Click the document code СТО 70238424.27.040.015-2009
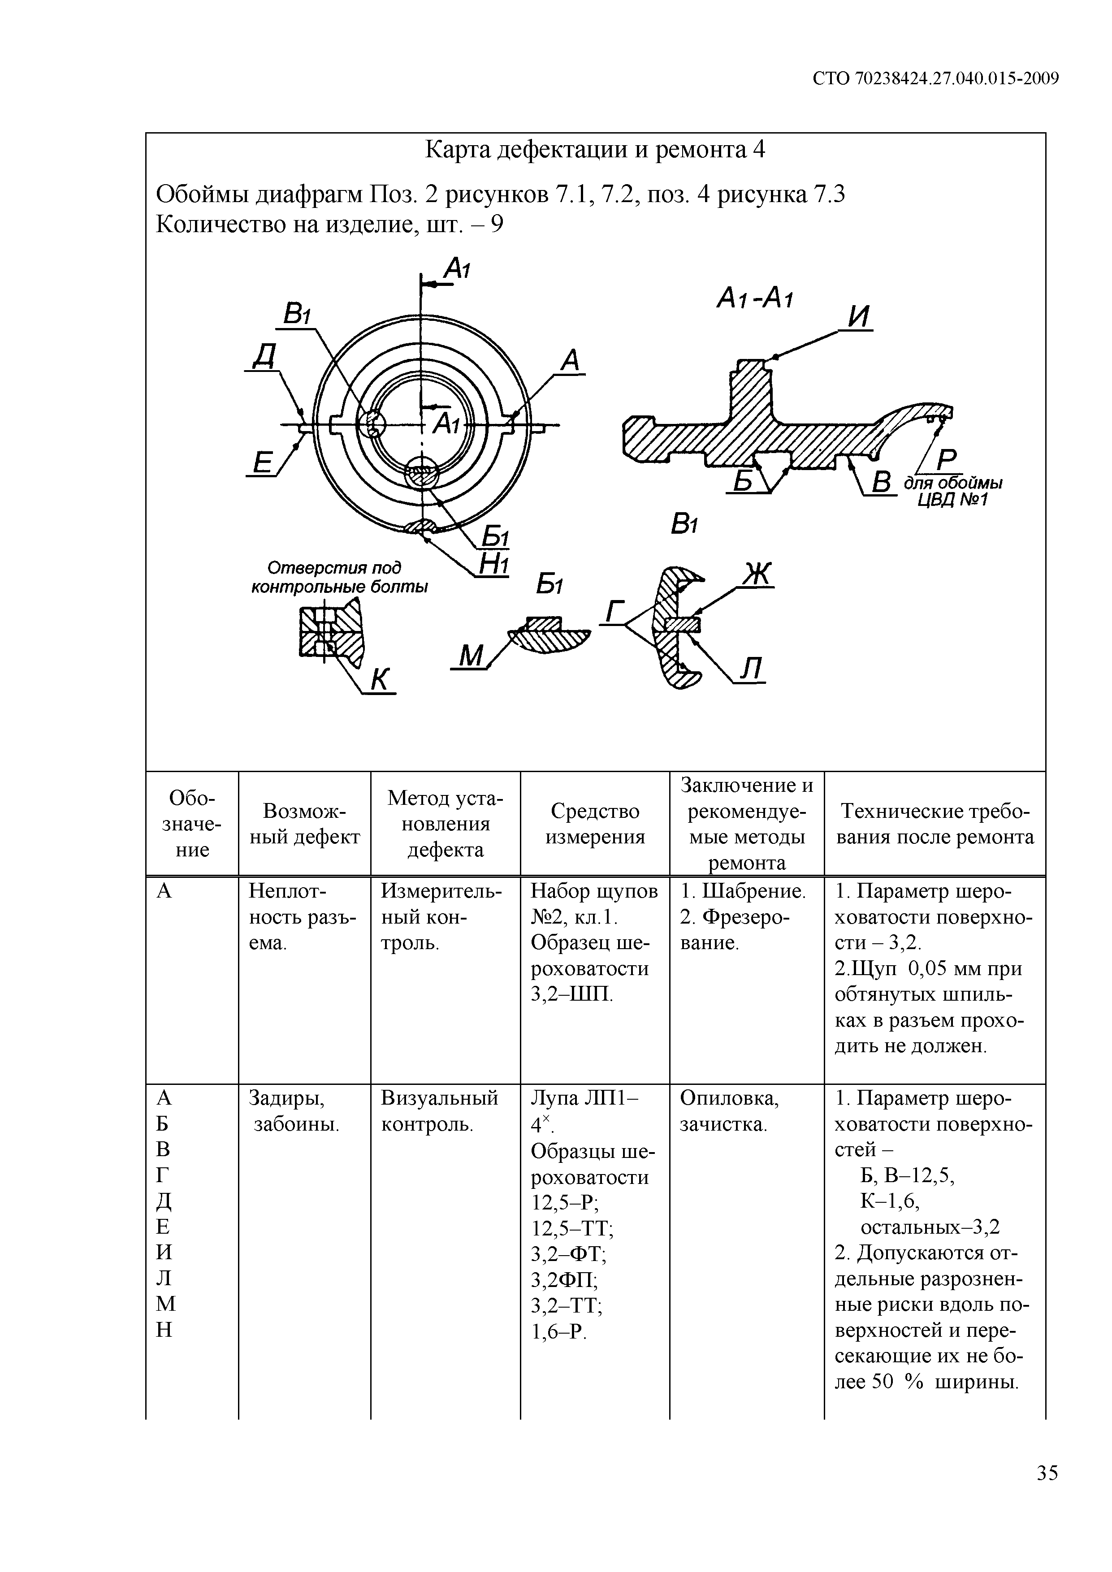pos(935,79)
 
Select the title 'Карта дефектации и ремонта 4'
pos(595,149)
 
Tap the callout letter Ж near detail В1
pos(757,574)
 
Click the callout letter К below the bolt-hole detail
pos(380,679)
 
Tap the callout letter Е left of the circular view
pos(262,463)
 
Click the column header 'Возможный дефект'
pos(304,824)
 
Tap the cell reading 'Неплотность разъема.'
pos(302,917)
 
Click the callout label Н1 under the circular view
pos(493,564)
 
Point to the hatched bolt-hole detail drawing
pos(331,629)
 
